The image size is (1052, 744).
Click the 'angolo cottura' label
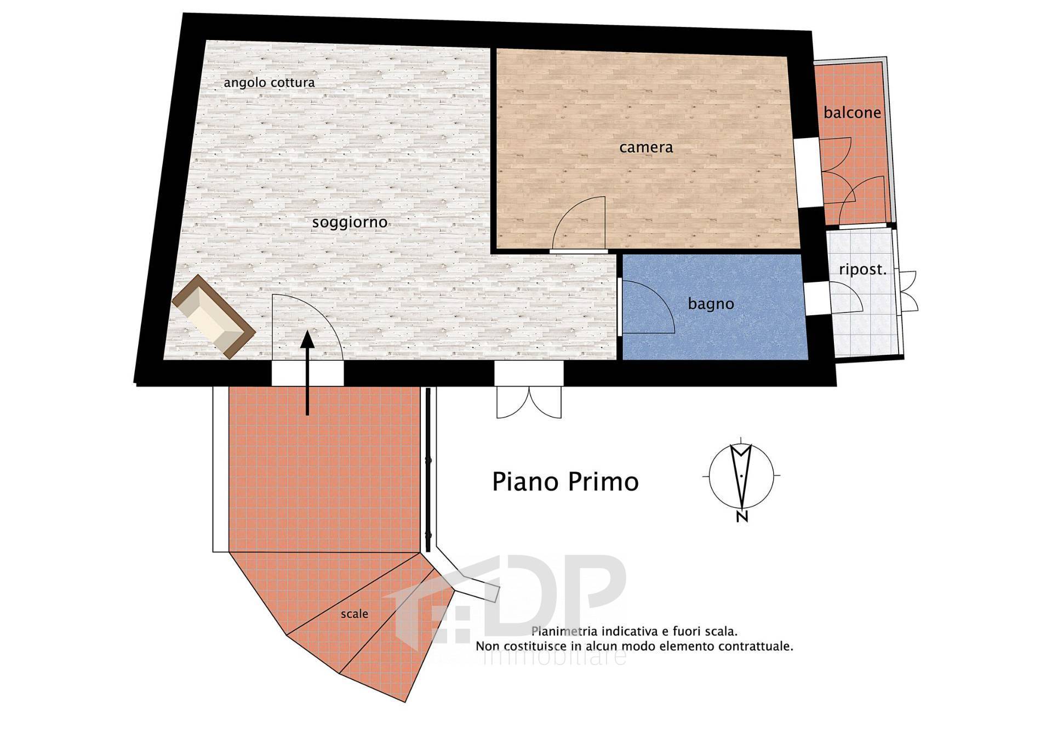tap(269, 83)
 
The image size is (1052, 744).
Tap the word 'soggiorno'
tap(350, 223)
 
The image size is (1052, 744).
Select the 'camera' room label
tap(646, 147)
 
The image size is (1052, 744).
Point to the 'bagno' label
tap(711, 304)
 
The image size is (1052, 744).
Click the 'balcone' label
tap(852, 113)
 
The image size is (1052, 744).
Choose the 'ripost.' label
tap(862, 270)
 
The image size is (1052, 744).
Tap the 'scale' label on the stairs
tap(355, 614)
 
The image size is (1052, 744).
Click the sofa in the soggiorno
tap(213, 317)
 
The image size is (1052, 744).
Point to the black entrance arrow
tap(307, 373)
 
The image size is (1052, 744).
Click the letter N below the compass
tap(742, 516)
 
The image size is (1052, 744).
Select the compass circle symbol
tap(741, 475)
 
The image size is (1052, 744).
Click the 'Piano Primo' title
tap(565, 482)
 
